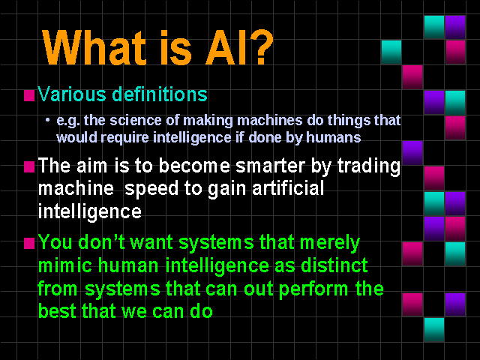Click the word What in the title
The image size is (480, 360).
tap(94, 47)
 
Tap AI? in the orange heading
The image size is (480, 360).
tap(239, 46)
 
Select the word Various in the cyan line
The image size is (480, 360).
tap(72, 94)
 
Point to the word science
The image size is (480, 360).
tap(136, 120)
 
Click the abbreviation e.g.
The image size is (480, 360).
tap(68, 121)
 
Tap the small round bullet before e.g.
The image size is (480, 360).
tap(47, 120)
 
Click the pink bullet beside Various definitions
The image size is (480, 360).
tap(29, 95)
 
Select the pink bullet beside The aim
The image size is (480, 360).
tap(29, 167)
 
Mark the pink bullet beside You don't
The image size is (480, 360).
tap(29, 244)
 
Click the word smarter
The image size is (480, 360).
tap(270, 166)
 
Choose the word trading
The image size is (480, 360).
tap(369, 166)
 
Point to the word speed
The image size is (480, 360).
tap(151, 189)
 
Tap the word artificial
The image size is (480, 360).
tap(288, 187)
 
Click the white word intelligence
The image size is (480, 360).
tap(90, 212)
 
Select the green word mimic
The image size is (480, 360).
tap(65, 265)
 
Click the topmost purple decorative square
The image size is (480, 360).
tap(455, 27)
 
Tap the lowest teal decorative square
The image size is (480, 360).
tap(434, 330)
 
